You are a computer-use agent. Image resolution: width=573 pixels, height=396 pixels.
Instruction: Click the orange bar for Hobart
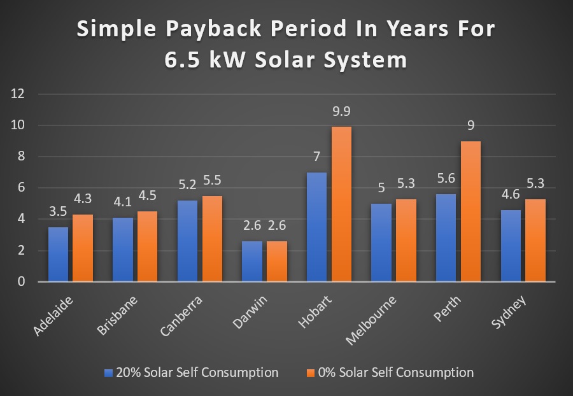point(341,204)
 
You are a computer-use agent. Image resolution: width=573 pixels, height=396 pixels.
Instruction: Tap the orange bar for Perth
point(470,211)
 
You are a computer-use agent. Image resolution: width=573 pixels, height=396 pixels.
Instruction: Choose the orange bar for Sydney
point(535,240)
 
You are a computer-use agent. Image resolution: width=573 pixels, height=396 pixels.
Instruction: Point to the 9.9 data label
point(341,112)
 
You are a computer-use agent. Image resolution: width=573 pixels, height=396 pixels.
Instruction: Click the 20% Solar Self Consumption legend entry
point(190,372)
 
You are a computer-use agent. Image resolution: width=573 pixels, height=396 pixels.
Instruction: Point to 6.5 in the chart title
point(188,60)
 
